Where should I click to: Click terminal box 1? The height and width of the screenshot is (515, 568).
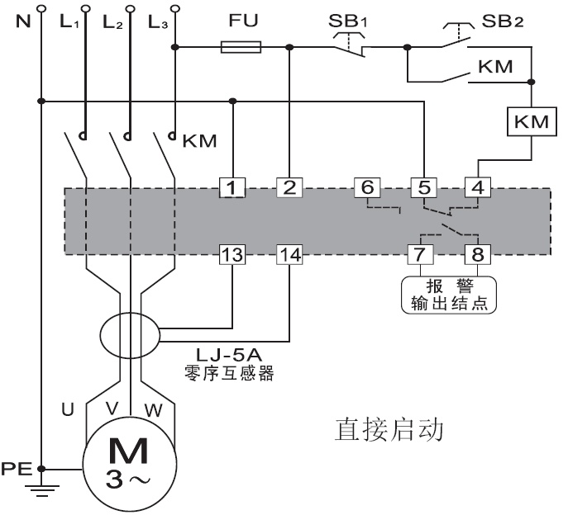click(x=233, y=187)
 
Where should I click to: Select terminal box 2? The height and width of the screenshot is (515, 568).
click(x=289, y=187)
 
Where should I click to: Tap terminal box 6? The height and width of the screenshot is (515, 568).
click(x=365, y=187)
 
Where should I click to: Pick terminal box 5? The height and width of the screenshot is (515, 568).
click(x=423, y=187)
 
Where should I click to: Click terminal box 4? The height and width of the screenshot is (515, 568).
click(x=477, y=187)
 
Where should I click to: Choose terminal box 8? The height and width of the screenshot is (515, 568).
click(x=477, y=253)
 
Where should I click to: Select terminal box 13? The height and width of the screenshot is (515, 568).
click(x=233, y=255)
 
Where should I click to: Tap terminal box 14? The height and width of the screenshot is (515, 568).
click(x=289, y=255)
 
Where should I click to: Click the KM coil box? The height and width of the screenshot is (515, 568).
click(x=530, y=122)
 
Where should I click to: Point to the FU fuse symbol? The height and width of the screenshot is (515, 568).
click(x=241, y=48)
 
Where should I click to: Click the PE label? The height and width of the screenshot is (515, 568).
click(x=16, y=468)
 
